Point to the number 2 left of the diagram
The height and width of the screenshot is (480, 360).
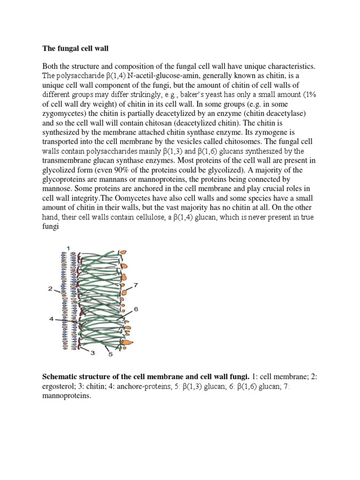[x=50, y=289]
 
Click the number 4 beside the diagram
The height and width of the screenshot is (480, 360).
[x=51, y=319]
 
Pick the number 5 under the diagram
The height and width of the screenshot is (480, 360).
[x=111, y=354]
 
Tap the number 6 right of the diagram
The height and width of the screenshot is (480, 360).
[x=136, y=309]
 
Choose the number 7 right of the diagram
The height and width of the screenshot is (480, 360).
[x=135, y=285]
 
